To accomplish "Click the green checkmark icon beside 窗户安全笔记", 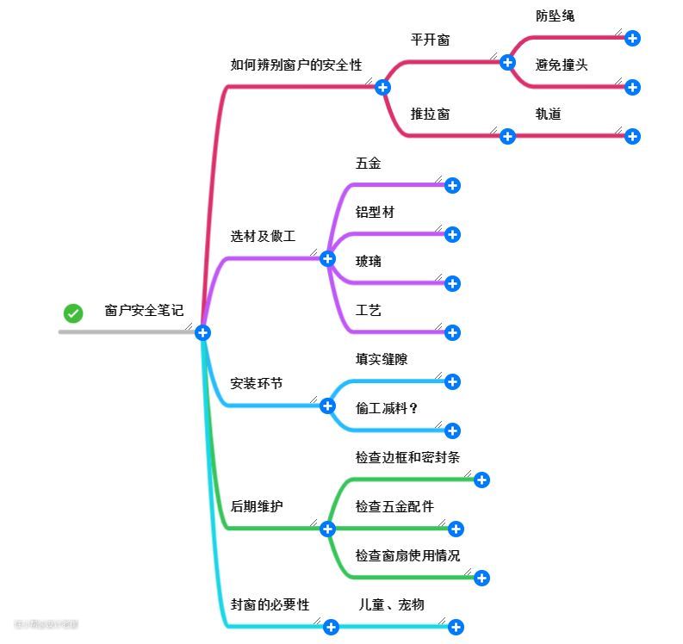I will pos(73,313).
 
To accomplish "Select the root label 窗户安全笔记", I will pos(144,310).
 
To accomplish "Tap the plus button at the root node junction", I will pos(202,332).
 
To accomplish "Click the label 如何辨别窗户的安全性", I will pos(296,65).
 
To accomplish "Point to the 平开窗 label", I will pos(430,40).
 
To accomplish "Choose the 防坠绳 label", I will pos(555,15).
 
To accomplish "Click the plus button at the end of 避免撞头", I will pos(632,87).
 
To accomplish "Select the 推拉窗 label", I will pos(430,114).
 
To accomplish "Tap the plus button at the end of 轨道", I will pos(632,136).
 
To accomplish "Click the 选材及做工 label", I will pos(263,236).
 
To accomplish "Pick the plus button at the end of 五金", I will pos(452,185).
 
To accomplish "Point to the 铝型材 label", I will pos(375,212).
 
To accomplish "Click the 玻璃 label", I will pos(368,261).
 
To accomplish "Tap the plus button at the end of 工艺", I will pos(452,332).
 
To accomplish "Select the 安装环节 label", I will pos(256,383).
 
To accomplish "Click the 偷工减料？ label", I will pos(387,408).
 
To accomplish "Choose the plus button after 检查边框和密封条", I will pos(481,480).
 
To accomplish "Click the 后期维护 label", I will pos(256,506).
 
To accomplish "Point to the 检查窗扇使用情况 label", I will pos(407,555).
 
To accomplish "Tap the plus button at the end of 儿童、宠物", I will pos(456,628).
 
